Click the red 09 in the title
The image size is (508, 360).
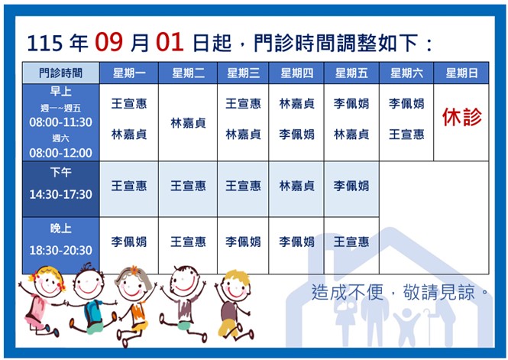tap(108, 43)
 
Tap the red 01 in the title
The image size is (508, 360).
tap(170, 43)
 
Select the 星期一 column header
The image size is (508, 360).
tap(129, 73)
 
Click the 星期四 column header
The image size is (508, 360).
tap(296, 73)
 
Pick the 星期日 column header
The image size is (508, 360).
tap(461, 73)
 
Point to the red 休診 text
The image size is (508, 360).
tap(461, 117)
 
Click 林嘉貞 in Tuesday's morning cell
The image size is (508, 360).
tap(188, 123)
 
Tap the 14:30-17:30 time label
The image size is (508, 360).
tap(60, 194)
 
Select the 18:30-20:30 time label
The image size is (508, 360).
tap(60, 250)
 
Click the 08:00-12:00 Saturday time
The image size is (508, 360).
tap(60, 153)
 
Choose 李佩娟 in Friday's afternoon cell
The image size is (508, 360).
tap(351, 186)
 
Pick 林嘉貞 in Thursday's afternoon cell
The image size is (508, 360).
tap(296, 186)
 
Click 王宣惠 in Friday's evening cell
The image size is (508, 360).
tap(351, 242)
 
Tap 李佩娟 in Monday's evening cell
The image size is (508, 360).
tap(129, 242)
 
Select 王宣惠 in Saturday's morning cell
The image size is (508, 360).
tap(406, 135)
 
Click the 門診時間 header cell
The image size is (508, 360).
tap(60, 73)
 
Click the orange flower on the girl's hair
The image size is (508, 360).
tap(134, 270)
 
